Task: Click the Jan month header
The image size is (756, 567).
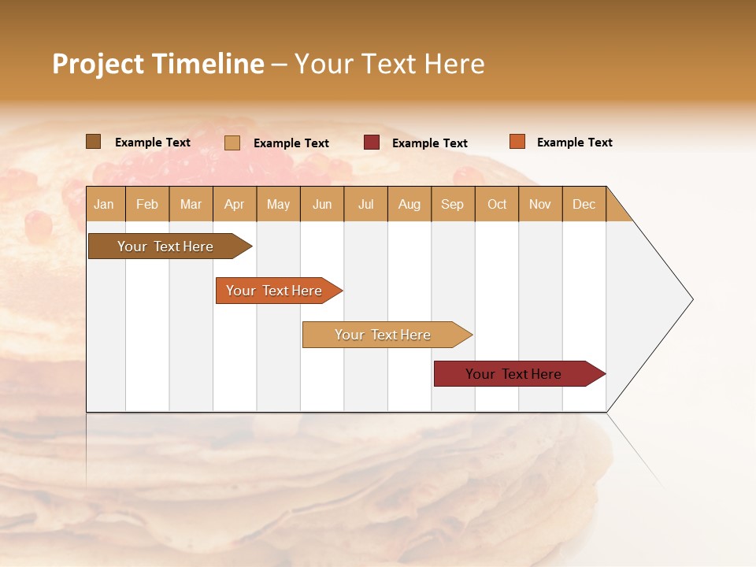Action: coord(104,204)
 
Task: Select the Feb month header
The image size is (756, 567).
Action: coord(147,204)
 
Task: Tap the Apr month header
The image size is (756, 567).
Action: coord(234,204)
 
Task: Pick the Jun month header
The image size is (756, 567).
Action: coord(322,204)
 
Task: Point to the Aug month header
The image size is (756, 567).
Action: coord(409,204)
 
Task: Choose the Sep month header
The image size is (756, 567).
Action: coord(452,204)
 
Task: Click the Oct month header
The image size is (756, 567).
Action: coord(497,204)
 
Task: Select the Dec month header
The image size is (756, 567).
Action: coord(584,204)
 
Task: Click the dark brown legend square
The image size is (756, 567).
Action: coord(93,142)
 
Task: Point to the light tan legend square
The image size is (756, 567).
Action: coord(232,143)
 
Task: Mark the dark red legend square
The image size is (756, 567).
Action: coord(372,143)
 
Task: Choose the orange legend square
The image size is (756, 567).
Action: coord(517,142)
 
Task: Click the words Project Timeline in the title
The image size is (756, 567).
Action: coord(157,64)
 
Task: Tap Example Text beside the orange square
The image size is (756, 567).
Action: coord(574,143)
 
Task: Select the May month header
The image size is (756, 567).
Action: coord(278,204)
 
